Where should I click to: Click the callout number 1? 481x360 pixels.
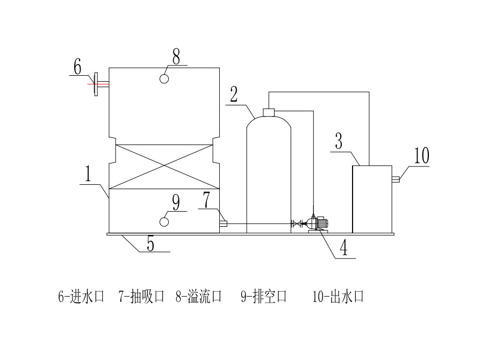tap(88, 174)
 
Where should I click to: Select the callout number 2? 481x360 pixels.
tap(234, 95)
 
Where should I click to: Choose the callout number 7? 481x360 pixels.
tap(207, 200)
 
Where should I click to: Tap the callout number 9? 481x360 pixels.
tap(176, 203)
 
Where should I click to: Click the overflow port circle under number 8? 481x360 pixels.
tap(165, 78)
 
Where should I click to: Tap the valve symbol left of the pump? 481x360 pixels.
tap(295, 224)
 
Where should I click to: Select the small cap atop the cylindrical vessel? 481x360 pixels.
tap(268, 112)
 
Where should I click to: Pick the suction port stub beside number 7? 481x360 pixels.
tap(224, 224)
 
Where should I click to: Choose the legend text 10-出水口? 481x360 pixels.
tap(338, 297)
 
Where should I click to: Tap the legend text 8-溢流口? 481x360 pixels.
tap(198, 297)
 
